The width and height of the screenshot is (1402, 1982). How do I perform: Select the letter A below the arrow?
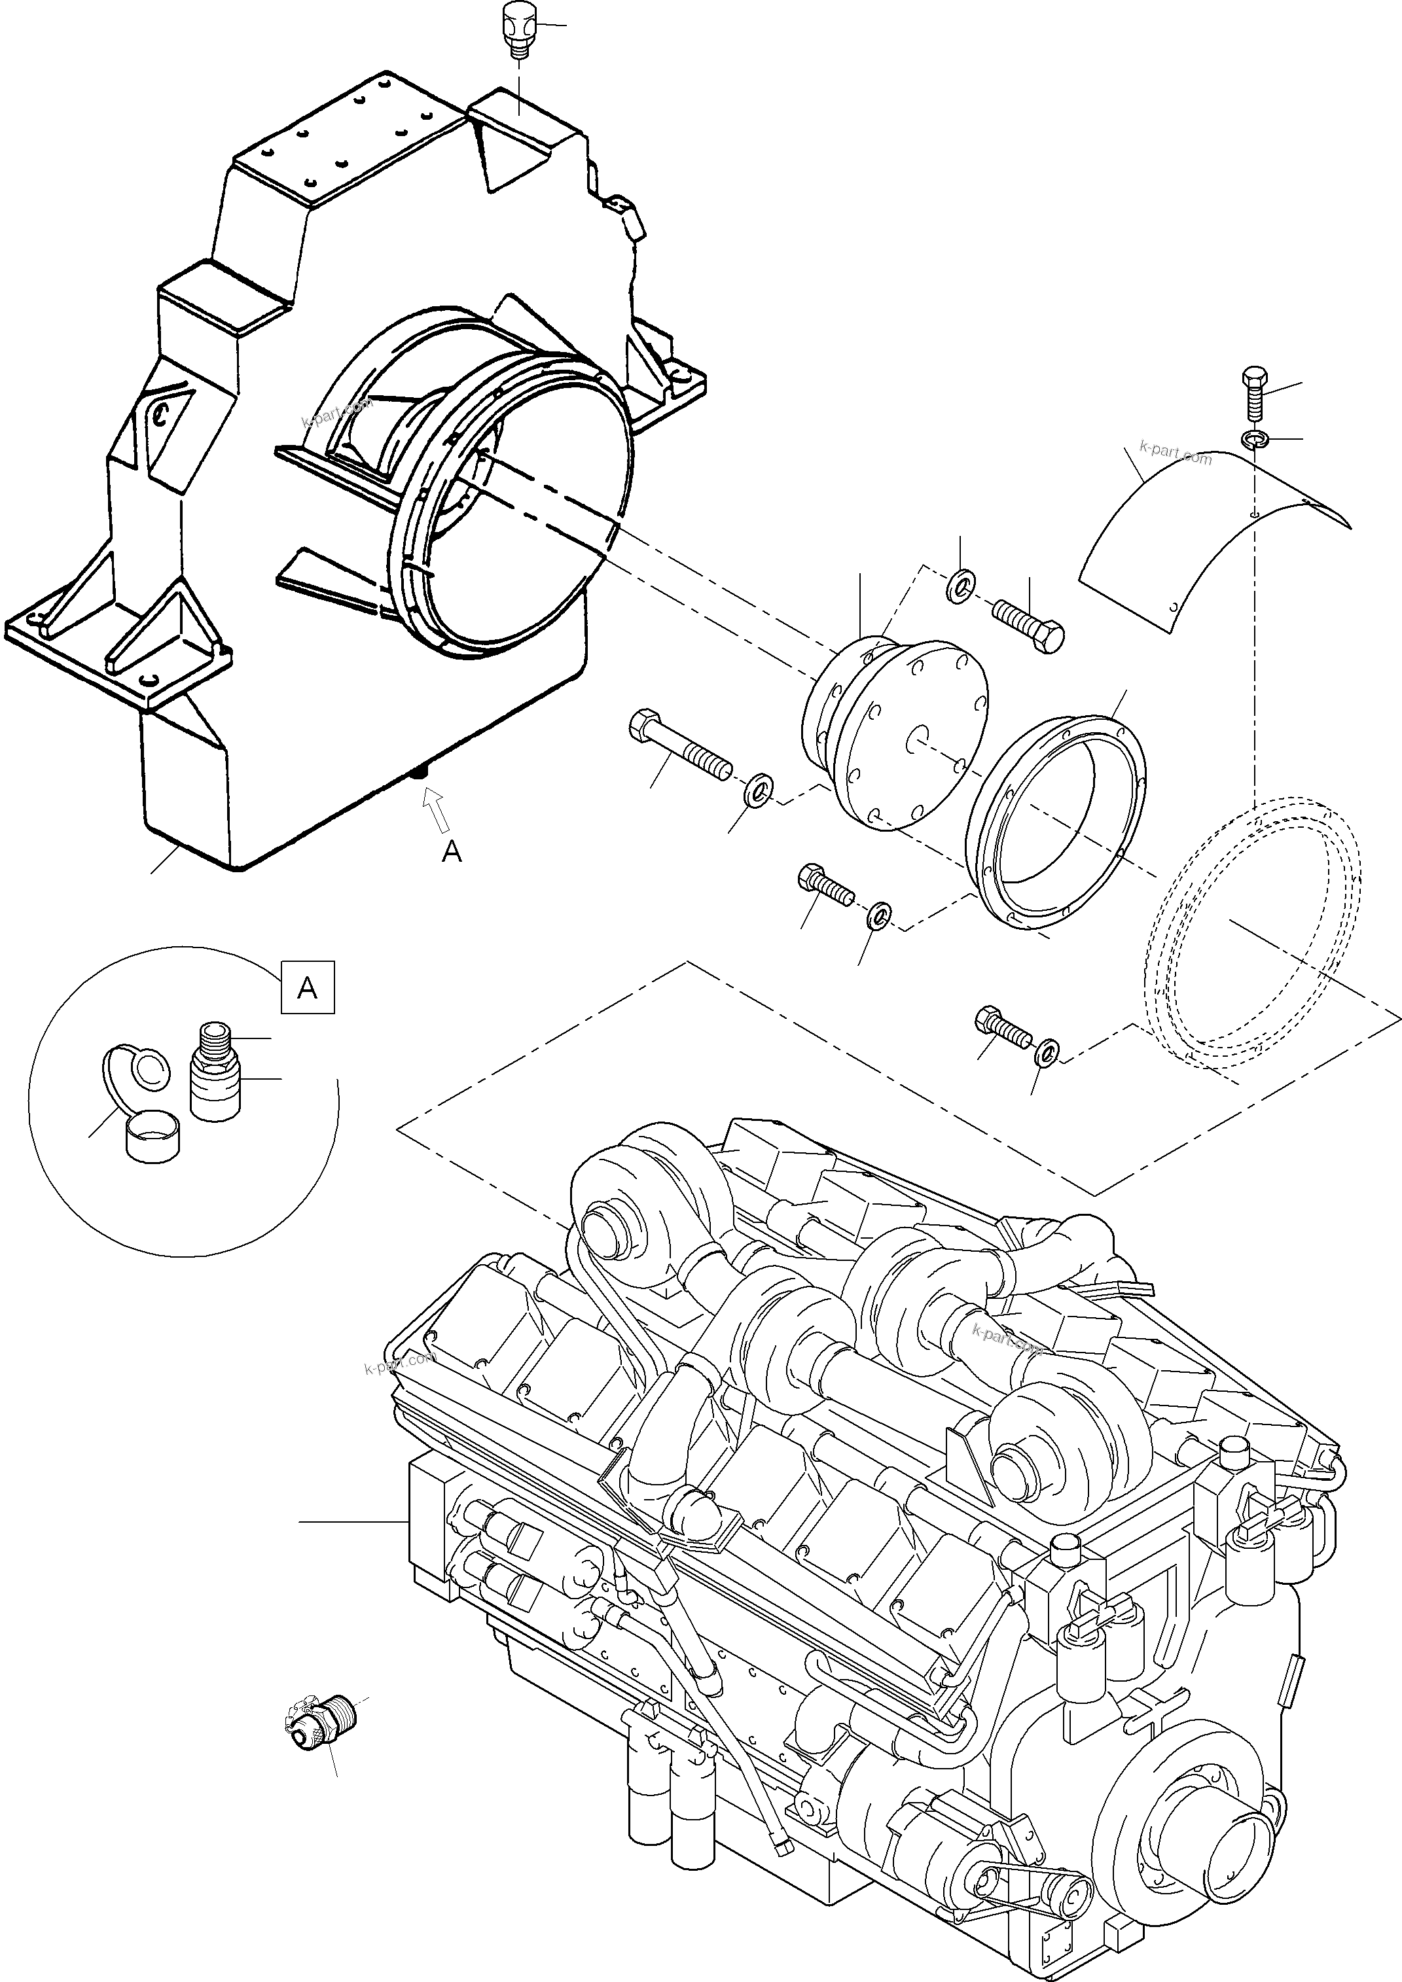pyautogui.click(x=452, y=853)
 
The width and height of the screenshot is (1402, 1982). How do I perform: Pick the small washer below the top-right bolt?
pyautogui.click(x=1253, y=441)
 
